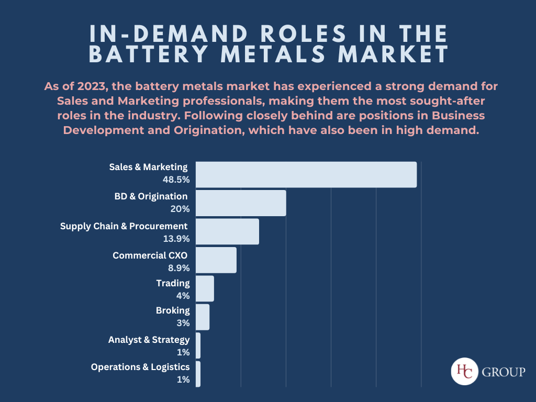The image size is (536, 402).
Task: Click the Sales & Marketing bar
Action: pos(306,174)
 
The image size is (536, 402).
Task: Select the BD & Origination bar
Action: pos(241,203)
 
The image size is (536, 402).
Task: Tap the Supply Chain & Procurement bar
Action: pos(227,231)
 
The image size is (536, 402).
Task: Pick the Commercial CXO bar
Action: pos(216,260)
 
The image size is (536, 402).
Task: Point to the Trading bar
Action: pos(205,288)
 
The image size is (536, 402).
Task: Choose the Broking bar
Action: pos(203,317)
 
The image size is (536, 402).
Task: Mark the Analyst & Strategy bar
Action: pos(198,345)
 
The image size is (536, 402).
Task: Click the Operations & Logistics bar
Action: pos(198,374)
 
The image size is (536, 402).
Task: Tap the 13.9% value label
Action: pos(176,238)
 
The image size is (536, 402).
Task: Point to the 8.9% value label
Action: pos(178,267)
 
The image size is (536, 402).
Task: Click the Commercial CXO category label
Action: pos(150,255)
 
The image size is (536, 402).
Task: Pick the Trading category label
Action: pos(173,283)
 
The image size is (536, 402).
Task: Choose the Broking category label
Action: pos(173,310)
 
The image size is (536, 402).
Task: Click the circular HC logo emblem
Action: pos(463,372)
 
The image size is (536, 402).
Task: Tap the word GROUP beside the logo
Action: pos(502,373)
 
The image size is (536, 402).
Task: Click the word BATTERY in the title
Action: pos(151,54)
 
